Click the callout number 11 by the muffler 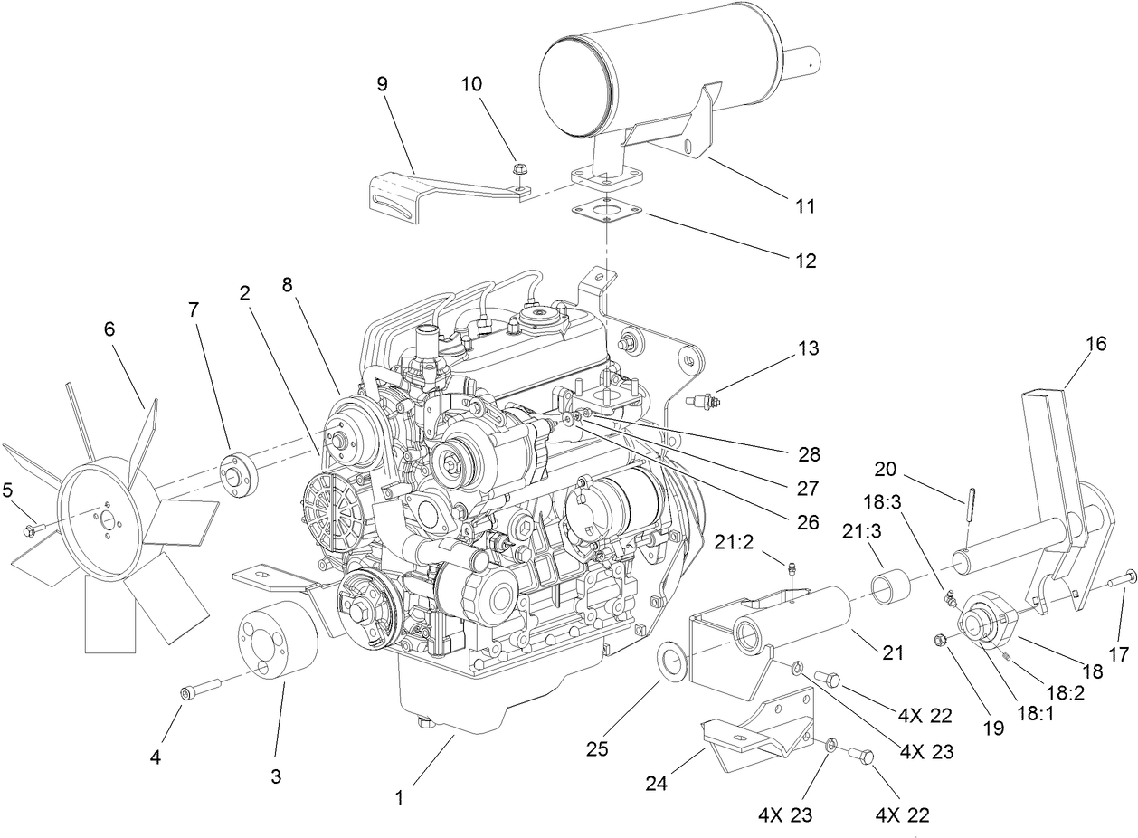pos(805,206)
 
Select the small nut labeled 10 pos(519,168)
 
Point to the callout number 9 pos(382,84)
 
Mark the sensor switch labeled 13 pos(703,398)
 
